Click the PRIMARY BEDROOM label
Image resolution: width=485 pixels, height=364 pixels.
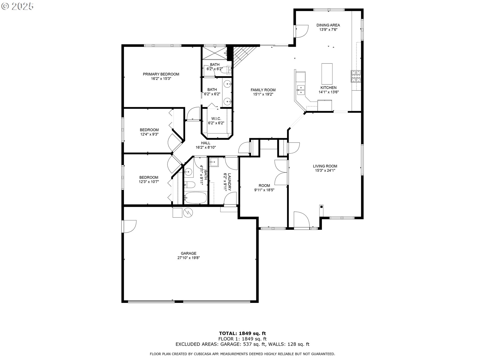(x=161, y=74)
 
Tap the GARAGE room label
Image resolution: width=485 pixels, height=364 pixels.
(x=188, y=253)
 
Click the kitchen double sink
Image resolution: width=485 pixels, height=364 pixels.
(x=301, y=90)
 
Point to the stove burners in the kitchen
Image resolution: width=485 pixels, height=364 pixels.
(x=356, y=76)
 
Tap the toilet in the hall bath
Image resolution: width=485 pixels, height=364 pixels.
(x=189, y=185)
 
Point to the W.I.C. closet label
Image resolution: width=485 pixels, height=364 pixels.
(x=216, y=119)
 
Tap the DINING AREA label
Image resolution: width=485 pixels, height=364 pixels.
(x=328, y=25)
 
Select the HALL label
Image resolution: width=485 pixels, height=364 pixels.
(x=206, y=143)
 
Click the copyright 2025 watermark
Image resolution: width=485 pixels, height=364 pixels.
(x=17, y=6)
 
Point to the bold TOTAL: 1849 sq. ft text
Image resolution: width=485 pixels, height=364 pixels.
(x=242, y=333)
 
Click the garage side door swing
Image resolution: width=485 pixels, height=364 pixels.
(x=129, y=226)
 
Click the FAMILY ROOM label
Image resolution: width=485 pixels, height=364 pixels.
(x=263, y=90)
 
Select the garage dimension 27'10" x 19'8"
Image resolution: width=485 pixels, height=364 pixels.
(x=188, y=258)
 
